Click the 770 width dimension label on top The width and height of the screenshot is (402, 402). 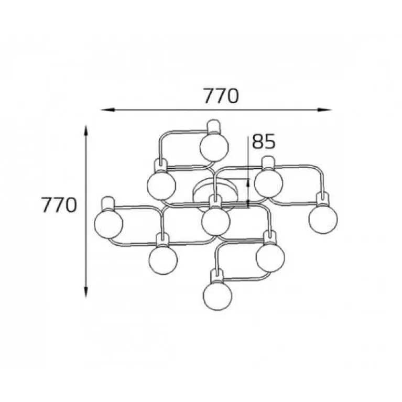point(221,96)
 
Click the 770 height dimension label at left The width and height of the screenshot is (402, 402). point(59,205)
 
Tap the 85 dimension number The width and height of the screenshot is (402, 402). point(264,142)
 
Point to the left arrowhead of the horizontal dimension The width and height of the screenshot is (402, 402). point(107,110)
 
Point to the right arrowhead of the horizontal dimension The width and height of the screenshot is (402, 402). point(324,110)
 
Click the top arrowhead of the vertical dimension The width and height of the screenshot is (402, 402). point(86,132)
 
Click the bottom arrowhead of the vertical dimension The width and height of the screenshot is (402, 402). point(86,291)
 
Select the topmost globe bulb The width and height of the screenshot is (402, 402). point(214,147)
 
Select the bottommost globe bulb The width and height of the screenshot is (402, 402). point(218,296)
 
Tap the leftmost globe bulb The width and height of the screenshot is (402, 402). point(108,224)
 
